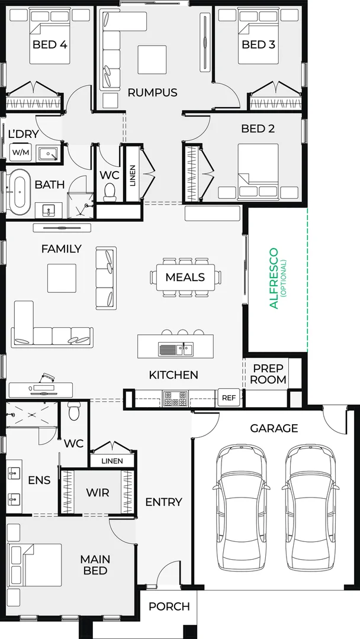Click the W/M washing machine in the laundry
pos(18,153)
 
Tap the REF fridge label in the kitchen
pos(229,398)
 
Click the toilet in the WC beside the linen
pos(110,192)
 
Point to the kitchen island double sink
pos(176,349)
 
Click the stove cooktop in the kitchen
pos(175,399)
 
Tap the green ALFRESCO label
pos(274,278)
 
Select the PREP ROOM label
pos(268,374)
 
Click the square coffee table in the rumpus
pos(152,60)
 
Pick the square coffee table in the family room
pos(62,278)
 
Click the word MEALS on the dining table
pos(185,277)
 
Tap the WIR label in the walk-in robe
pos(98,492)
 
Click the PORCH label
pos(169,607)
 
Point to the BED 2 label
pos(258,129)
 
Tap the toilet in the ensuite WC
pos(74,412)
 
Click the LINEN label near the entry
pos(112,461)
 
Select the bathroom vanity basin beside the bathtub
pos(49,211)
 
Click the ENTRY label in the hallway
pos(163,502)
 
